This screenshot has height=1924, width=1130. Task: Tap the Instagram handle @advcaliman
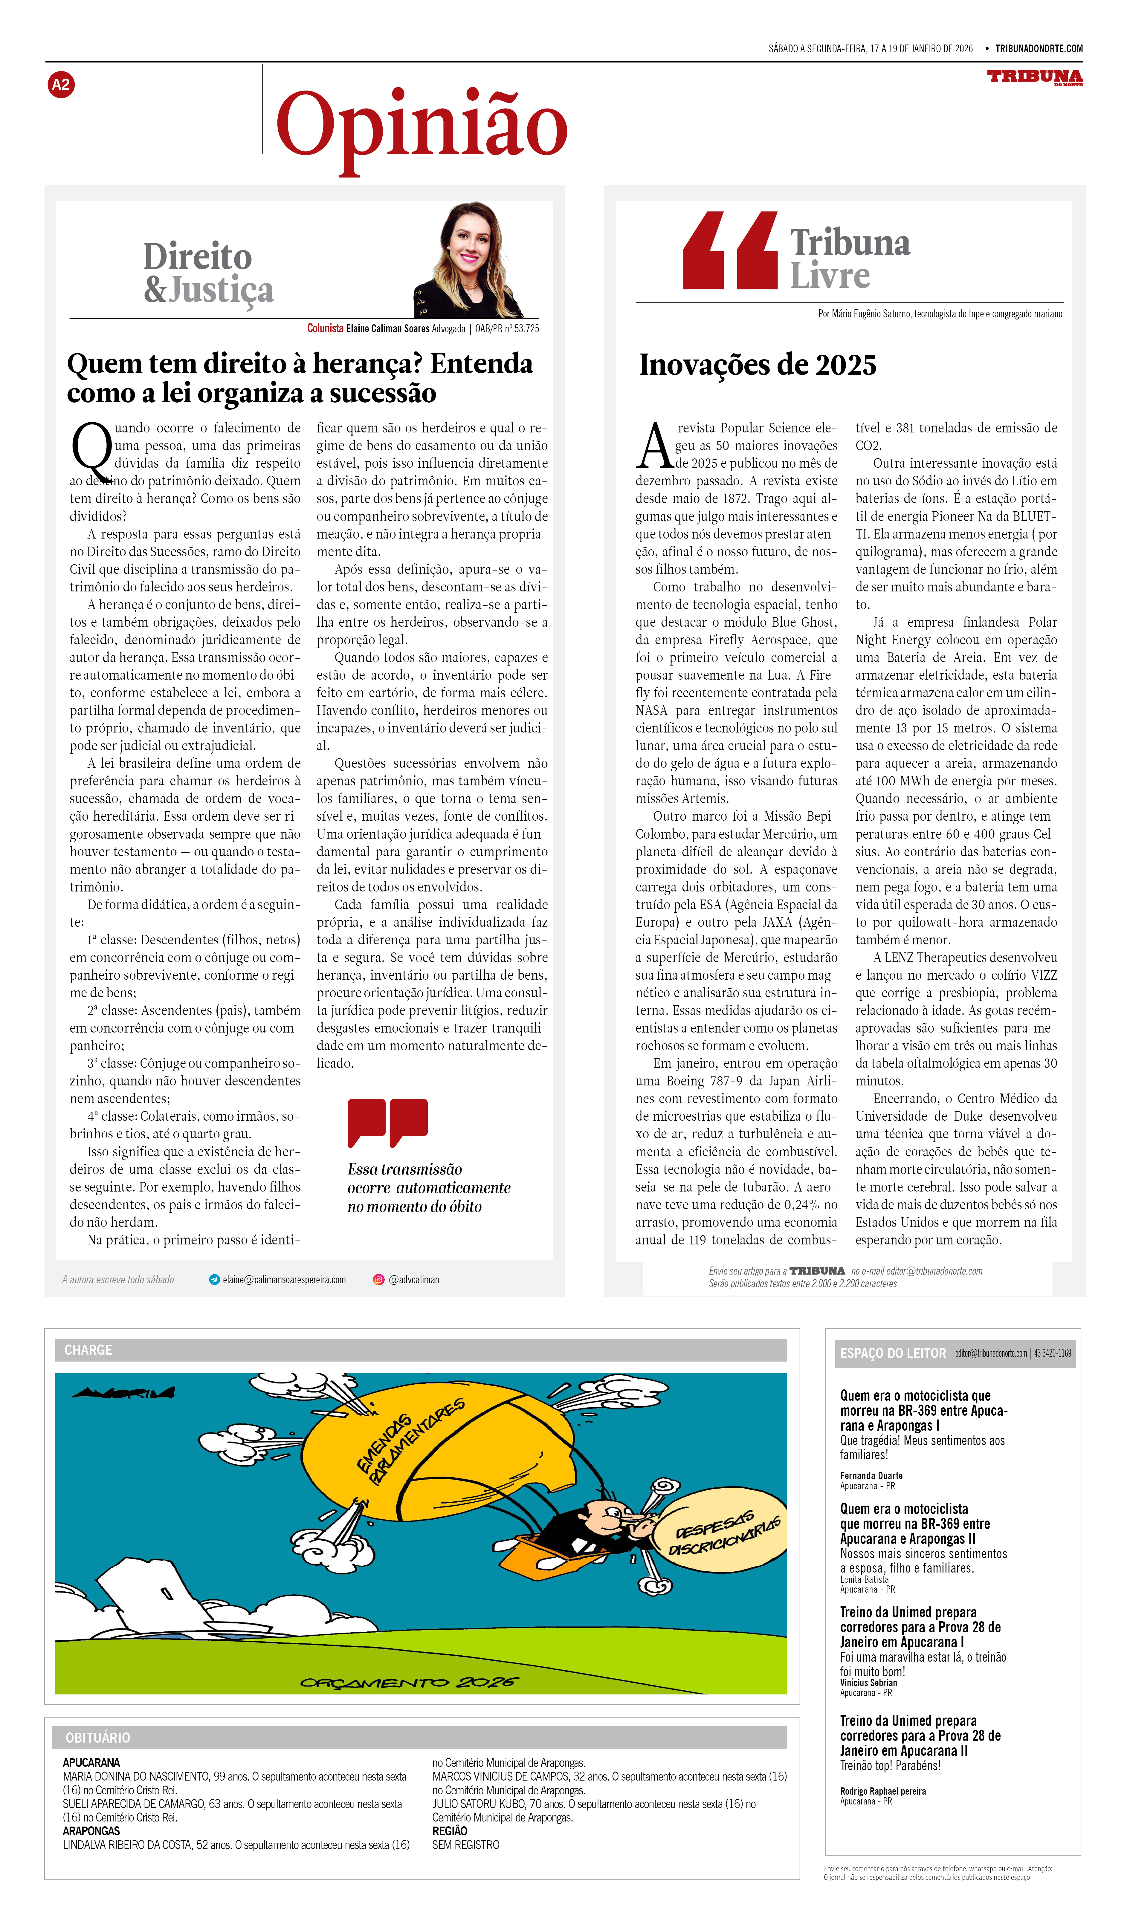[x=413, y=1280]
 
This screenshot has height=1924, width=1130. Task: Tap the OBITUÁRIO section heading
[x=98, y=1738]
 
